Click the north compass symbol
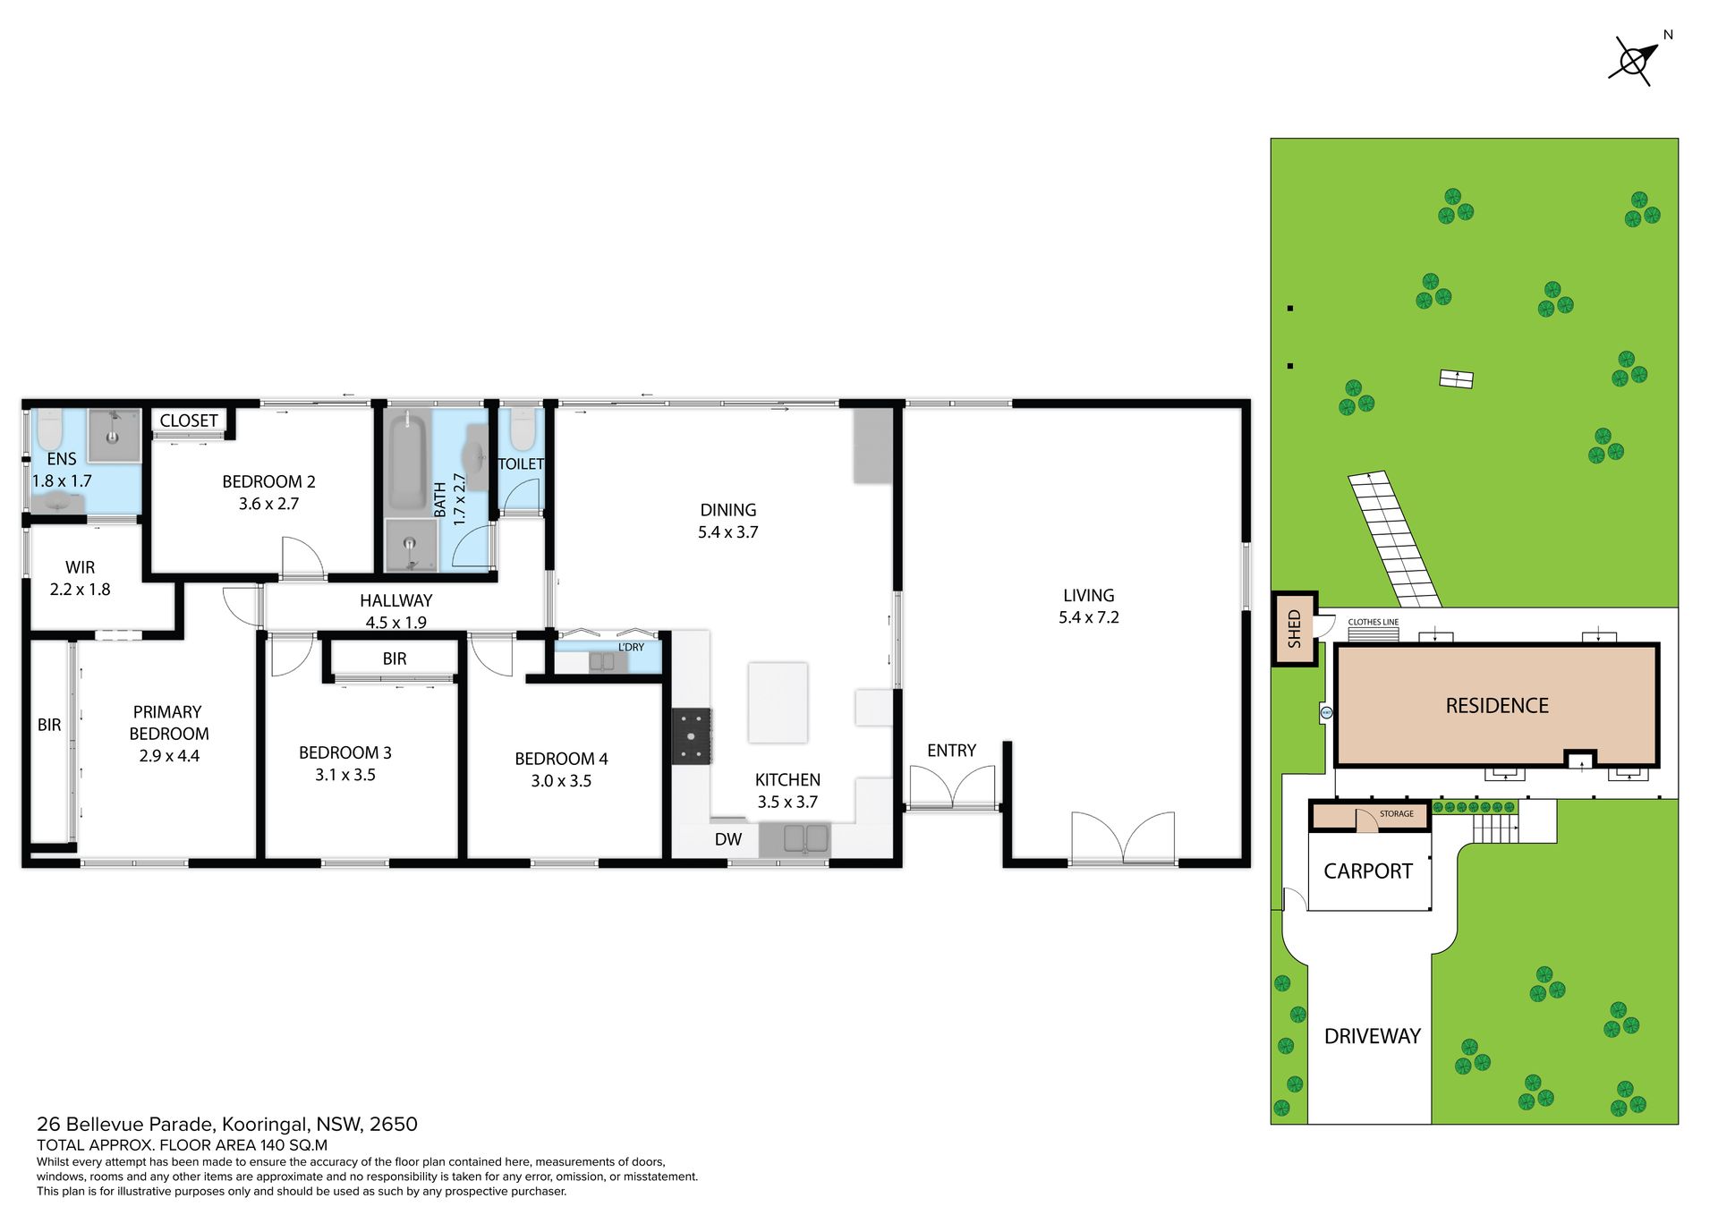(1635, 61)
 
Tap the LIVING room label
(1088, 595)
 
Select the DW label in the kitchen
(728, 839)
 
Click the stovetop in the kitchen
(692, 735)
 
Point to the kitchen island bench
(778, 702)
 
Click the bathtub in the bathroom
(407, 461)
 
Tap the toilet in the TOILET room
(522, 429)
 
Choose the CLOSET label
(189, 421)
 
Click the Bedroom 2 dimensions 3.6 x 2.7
(268, 504)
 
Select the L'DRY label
(631, 647)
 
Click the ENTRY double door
(952, 787)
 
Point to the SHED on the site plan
(1294, 628)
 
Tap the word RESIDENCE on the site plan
(1497, 706)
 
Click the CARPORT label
(1368, 871)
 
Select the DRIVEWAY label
(1373, 1036)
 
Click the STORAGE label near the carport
(1397, 814)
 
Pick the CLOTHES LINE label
(1374, 622)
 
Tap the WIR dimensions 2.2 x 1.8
(80, 590)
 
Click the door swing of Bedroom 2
(303, 557)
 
